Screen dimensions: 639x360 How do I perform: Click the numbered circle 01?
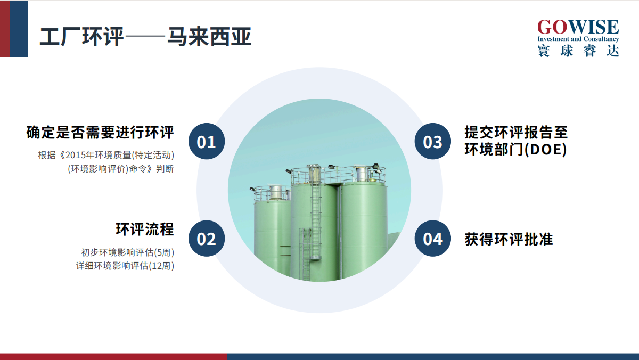(x=207, y=141)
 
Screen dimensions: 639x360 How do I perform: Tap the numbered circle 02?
(x=207, y=239)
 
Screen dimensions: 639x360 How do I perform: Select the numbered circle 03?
(x=433, y=141)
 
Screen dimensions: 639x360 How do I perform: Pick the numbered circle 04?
(x=433, y=239)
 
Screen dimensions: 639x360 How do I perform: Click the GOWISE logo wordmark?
(x=578, y=27)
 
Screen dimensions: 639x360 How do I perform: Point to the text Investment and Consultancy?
(x=578, y=39)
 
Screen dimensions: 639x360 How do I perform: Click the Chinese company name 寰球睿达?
(x=578, y=51)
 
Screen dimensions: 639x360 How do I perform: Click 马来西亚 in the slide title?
(x=209, y=37)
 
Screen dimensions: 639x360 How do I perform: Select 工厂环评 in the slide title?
(x=81, y=37)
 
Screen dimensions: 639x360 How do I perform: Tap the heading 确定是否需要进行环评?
(x=100, y=133)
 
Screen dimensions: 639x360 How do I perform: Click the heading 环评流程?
(x=145, y=229)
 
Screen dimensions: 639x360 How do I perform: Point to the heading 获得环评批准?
(x=509, y=239)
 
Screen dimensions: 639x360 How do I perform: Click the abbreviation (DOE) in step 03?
(x=545, y=149)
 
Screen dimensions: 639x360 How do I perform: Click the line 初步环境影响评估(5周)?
(x=127, y=252)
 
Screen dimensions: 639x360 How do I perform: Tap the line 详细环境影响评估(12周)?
(x=125, y=266)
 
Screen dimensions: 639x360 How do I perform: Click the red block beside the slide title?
(x=5, y=29)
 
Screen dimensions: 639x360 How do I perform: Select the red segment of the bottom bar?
(x=113, y=357)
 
